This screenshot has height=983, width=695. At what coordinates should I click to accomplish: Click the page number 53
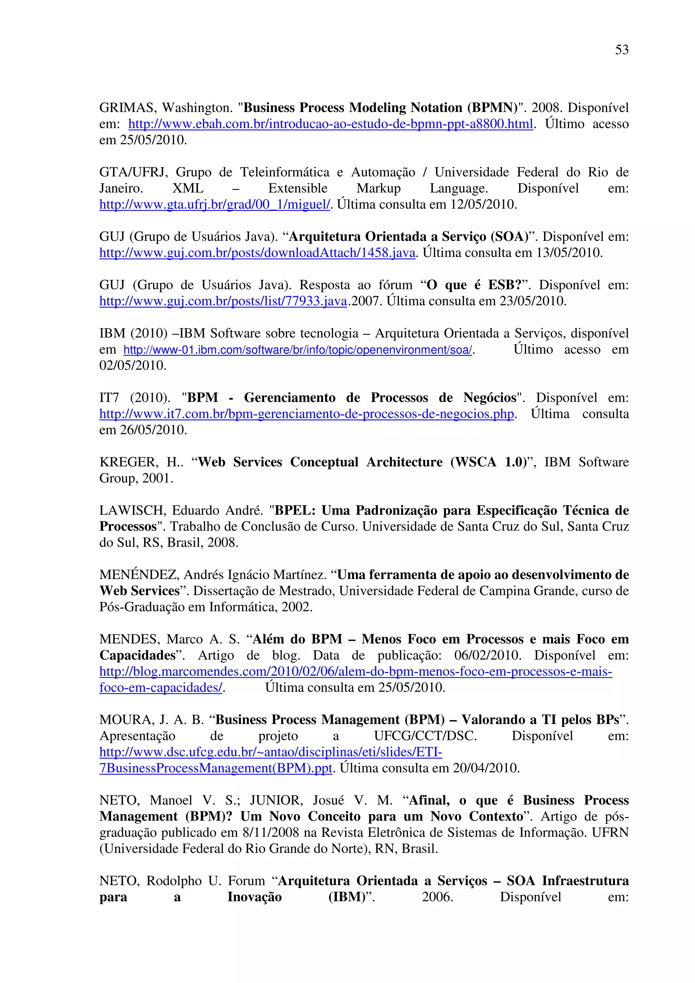tap(622, 50)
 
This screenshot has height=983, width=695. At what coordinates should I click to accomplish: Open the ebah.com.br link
tap(331, 124)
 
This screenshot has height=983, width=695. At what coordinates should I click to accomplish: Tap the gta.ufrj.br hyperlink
tap(214, 205)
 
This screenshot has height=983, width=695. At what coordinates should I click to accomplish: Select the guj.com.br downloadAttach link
tap(257, 253)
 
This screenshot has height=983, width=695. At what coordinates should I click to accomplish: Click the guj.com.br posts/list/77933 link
tap(223, 302)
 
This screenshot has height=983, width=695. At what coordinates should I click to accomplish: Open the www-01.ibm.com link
tap(298, 350)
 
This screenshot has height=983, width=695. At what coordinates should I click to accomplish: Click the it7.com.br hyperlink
tap(306, 414)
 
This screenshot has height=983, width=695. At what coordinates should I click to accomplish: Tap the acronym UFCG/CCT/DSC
tap(425, 736)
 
